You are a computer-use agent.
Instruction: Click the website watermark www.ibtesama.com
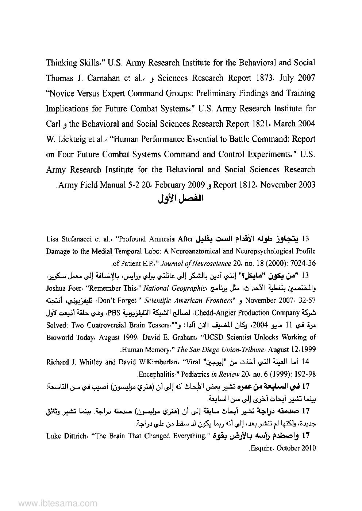click(x=53, y=504)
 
